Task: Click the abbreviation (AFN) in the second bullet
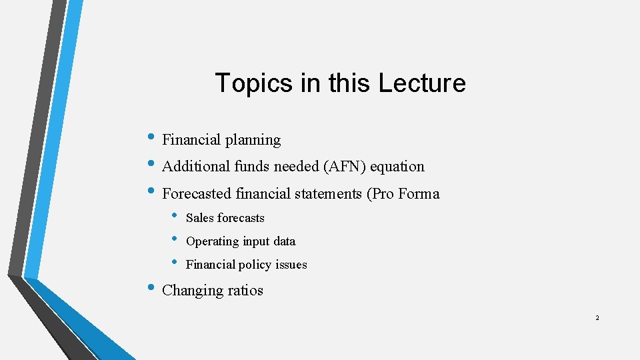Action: (x=342, y=167)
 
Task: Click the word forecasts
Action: (x=241, y=218)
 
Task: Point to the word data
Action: (x=284, y=241)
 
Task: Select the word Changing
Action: (x=191, y=291)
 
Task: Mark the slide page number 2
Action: (x=597, y=318)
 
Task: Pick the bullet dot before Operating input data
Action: (x=175, y=238)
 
